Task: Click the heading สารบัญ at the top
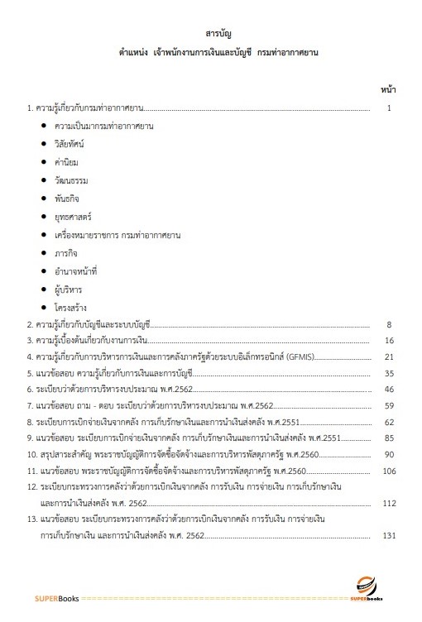coord(218,33)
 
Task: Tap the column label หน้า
coord(387,89)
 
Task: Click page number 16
coord(388,341)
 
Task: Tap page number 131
coord(386,535)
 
